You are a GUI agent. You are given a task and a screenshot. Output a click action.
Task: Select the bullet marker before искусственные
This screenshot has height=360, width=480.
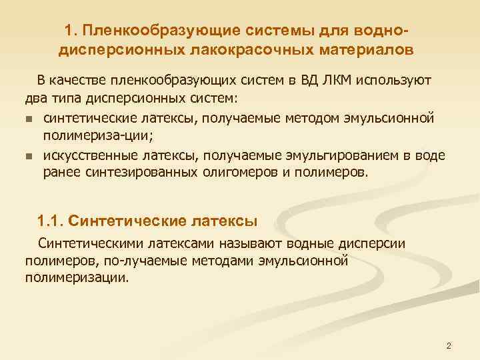coord(29,157)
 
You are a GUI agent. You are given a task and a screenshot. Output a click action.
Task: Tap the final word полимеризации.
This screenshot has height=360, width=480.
coord(75,277)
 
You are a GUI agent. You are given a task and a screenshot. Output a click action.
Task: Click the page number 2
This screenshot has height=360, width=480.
coord(449,346)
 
